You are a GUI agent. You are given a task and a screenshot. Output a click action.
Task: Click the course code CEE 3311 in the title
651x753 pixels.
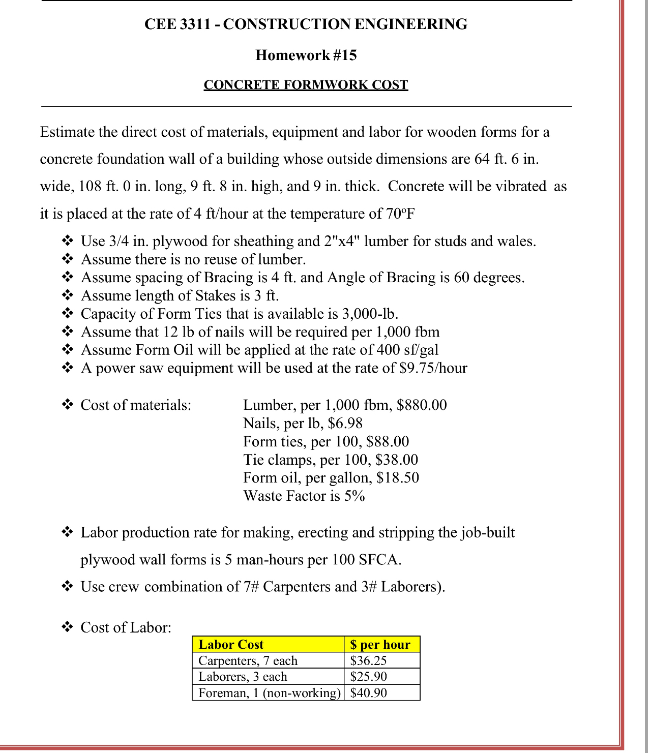pos(177,24)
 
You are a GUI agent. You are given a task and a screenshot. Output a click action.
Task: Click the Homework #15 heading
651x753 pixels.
pos(306,55)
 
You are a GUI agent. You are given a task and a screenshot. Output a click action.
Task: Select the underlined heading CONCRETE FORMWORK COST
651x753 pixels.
pos(306,84)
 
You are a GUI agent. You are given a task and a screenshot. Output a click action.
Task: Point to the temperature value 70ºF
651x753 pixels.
pos(400,214)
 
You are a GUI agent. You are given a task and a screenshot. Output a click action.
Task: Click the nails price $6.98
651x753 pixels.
pos(345,423)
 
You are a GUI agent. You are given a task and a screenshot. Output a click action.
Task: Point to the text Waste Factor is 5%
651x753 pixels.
pos(304,496)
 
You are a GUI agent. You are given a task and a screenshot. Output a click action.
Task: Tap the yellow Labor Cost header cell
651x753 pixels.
pos(268,645)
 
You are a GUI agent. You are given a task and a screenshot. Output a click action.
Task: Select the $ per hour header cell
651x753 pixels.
pos(381,645)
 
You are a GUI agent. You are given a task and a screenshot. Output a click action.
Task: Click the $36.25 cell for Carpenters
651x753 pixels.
pos(369,661)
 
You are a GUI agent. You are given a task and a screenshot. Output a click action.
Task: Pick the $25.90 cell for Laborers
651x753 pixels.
pos(369,677)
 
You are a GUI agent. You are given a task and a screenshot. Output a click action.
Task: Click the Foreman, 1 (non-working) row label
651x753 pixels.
pos(269,693)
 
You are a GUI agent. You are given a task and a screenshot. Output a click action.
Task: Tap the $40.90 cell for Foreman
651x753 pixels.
pos(369,693)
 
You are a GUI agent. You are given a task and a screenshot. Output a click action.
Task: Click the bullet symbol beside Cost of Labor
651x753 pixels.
pos(68,627)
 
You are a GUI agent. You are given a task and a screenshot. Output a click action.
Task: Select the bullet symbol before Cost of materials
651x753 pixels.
pos(68,405)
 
